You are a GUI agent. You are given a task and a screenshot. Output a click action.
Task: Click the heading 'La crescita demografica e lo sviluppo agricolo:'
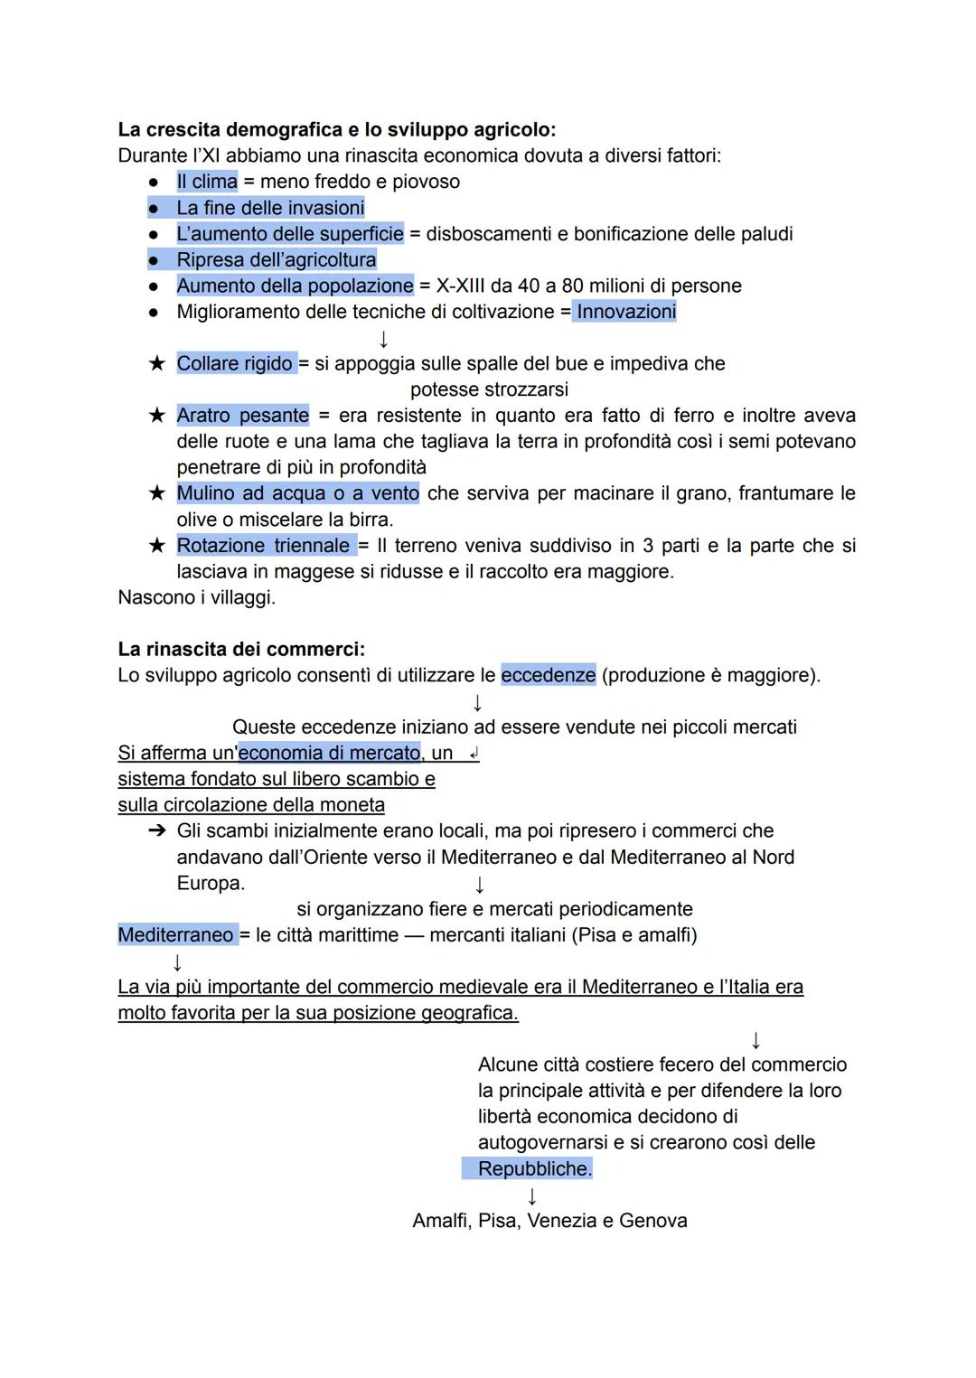(x=336, y=129)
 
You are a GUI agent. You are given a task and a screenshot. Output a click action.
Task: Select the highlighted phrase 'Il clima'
(x=207, y=182)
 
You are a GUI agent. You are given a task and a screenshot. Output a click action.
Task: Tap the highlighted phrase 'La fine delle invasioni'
(x=270, y=208)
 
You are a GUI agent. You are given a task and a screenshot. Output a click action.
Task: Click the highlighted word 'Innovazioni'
(x=626, y=312)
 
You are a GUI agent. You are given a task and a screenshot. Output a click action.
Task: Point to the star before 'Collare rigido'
(x=157, y=363)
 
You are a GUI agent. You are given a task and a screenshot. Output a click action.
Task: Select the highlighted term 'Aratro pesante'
(x=242, y=416)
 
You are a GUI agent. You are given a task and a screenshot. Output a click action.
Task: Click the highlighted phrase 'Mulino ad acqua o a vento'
(x=297, y=493)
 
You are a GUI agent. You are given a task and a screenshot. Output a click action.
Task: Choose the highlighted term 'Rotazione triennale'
(x=263, y=546)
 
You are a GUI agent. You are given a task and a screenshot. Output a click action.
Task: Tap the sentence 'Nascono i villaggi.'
(x=196, y=597)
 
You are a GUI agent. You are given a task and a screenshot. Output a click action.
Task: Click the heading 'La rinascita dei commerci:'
(x=241, y=650)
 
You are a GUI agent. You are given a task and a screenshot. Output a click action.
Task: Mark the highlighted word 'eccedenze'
(x=548, y=675)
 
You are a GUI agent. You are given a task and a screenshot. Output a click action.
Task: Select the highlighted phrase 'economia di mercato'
(x=329, y=753)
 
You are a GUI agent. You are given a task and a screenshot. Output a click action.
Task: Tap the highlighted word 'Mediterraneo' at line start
(x=175, y=935)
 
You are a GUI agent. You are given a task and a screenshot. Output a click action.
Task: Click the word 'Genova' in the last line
(x=652, y=1221)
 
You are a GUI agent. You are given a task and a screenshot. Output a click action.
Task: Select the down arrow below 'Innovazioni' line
(x=383, y=339)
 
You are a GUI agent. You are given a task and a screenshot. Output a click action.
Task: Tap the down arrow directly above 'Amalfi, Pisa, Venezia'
(x=532, y=1195)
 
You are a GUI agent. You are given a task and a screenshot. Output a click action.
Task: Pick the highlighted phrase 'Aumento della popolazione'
(x=295, y=286)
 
